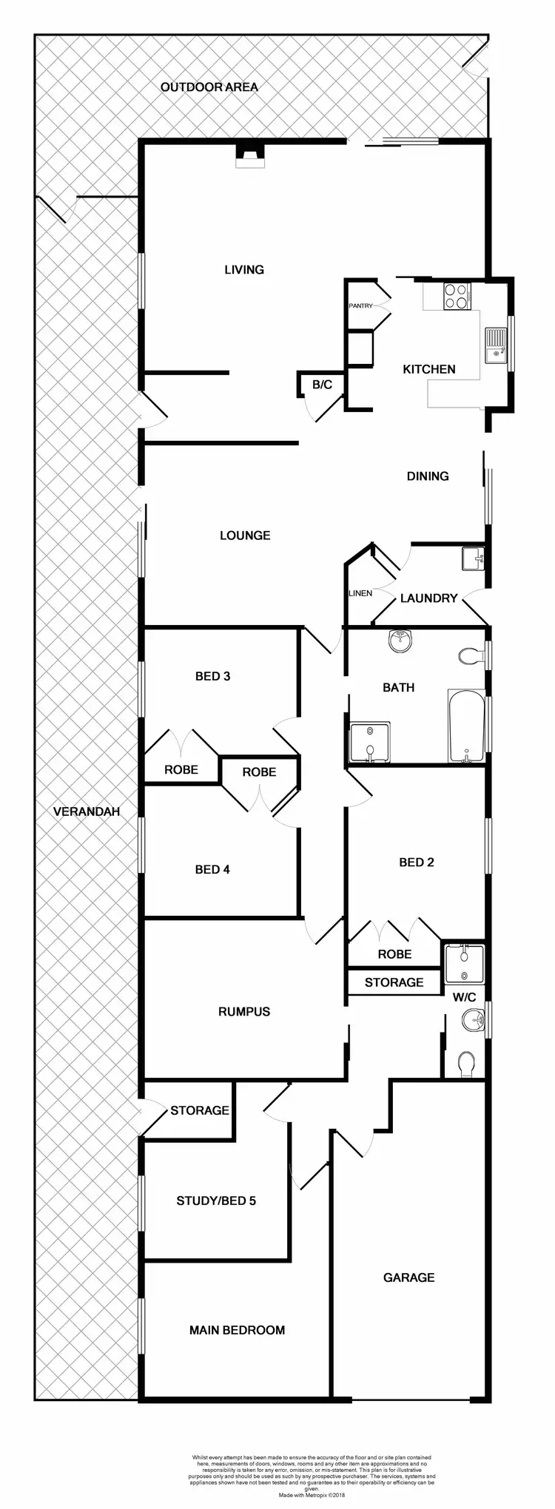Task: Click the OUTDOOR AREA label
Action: click(x=209, y=87)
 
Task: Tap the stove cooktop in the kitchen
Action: click(x=456, y=296)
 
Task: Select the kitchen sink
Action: click(x=495, y=345)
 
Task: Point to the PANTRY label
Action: click(x=361, y=305)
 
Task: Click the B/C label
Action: click(x=322, y=385)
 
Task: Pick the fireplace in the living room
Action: click(x=249, y=154)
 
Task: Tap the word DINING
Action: click(x=428, y=476)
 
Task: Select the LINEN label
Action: click(x=360, y=593)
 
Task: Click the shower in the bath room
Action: click(x=369, y=742)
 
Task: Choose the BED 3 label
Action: click(x=212, y=676)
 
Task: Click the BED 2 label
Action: click(x=417, y=862)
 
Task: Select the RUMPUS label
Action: click(x=244, y=1011)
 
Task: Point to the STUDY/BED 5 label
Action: click(x=216, y=1201)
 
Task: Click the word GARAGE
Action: click(x=408, y=1277)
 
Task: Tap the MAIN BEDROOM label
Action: click(x=237, y=1330)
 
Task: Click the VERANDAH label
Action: click(x=87, y=811)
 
